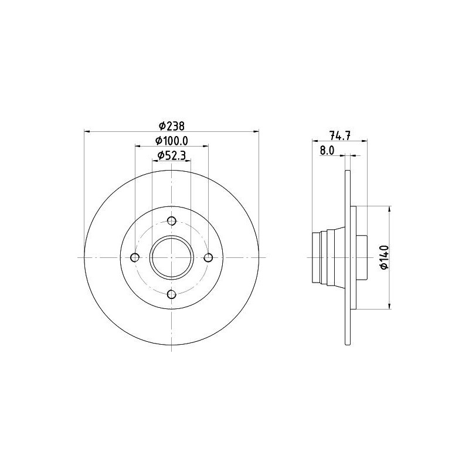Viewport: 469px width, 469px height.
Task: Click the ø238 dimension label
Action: (171, 125)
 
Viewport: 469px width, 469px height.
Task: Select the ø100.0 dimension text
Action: (171, 141)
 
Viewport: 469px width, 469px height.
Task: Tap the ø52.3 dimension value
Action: (171, 155)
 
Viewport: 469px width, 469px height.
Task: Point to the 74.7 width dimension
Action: (341, 135)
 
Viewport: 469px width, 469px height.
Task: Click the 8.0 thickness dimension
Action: (327, 151)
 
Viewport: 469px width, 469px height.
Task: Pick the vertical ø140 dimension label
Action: (384, 257)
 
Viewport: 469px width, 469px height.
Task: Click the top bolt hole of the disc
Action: (172, 221)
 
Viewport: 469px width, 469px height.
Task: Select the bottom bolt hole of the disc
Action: (172, 294)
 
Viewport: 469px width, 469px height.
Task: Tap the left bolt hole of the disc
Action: (135, 257)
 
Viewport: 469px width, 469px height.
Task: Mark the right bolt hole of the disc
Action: (208, 257)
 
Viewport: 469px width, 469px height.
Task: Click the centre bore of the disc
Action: (172, 257)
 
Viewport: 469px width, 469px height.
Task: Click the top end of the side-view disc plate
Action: (348, 172)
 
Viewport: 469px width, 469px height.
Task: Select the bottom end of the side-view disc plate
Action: (348, 343)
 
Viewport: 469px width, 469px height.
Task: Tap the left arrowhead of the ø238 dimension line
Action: (87, 130)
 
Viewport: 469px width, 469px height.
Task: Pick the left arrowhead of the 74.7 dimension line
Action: (314, 141)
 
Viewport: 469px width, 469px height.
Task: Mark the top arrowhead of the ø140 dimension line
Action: (389, 209)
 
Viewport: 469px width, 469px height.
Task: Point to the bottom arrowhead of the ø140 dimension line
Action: (389, 306)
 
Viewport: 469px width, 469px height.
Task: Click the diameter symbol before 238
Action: (161, 125)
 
